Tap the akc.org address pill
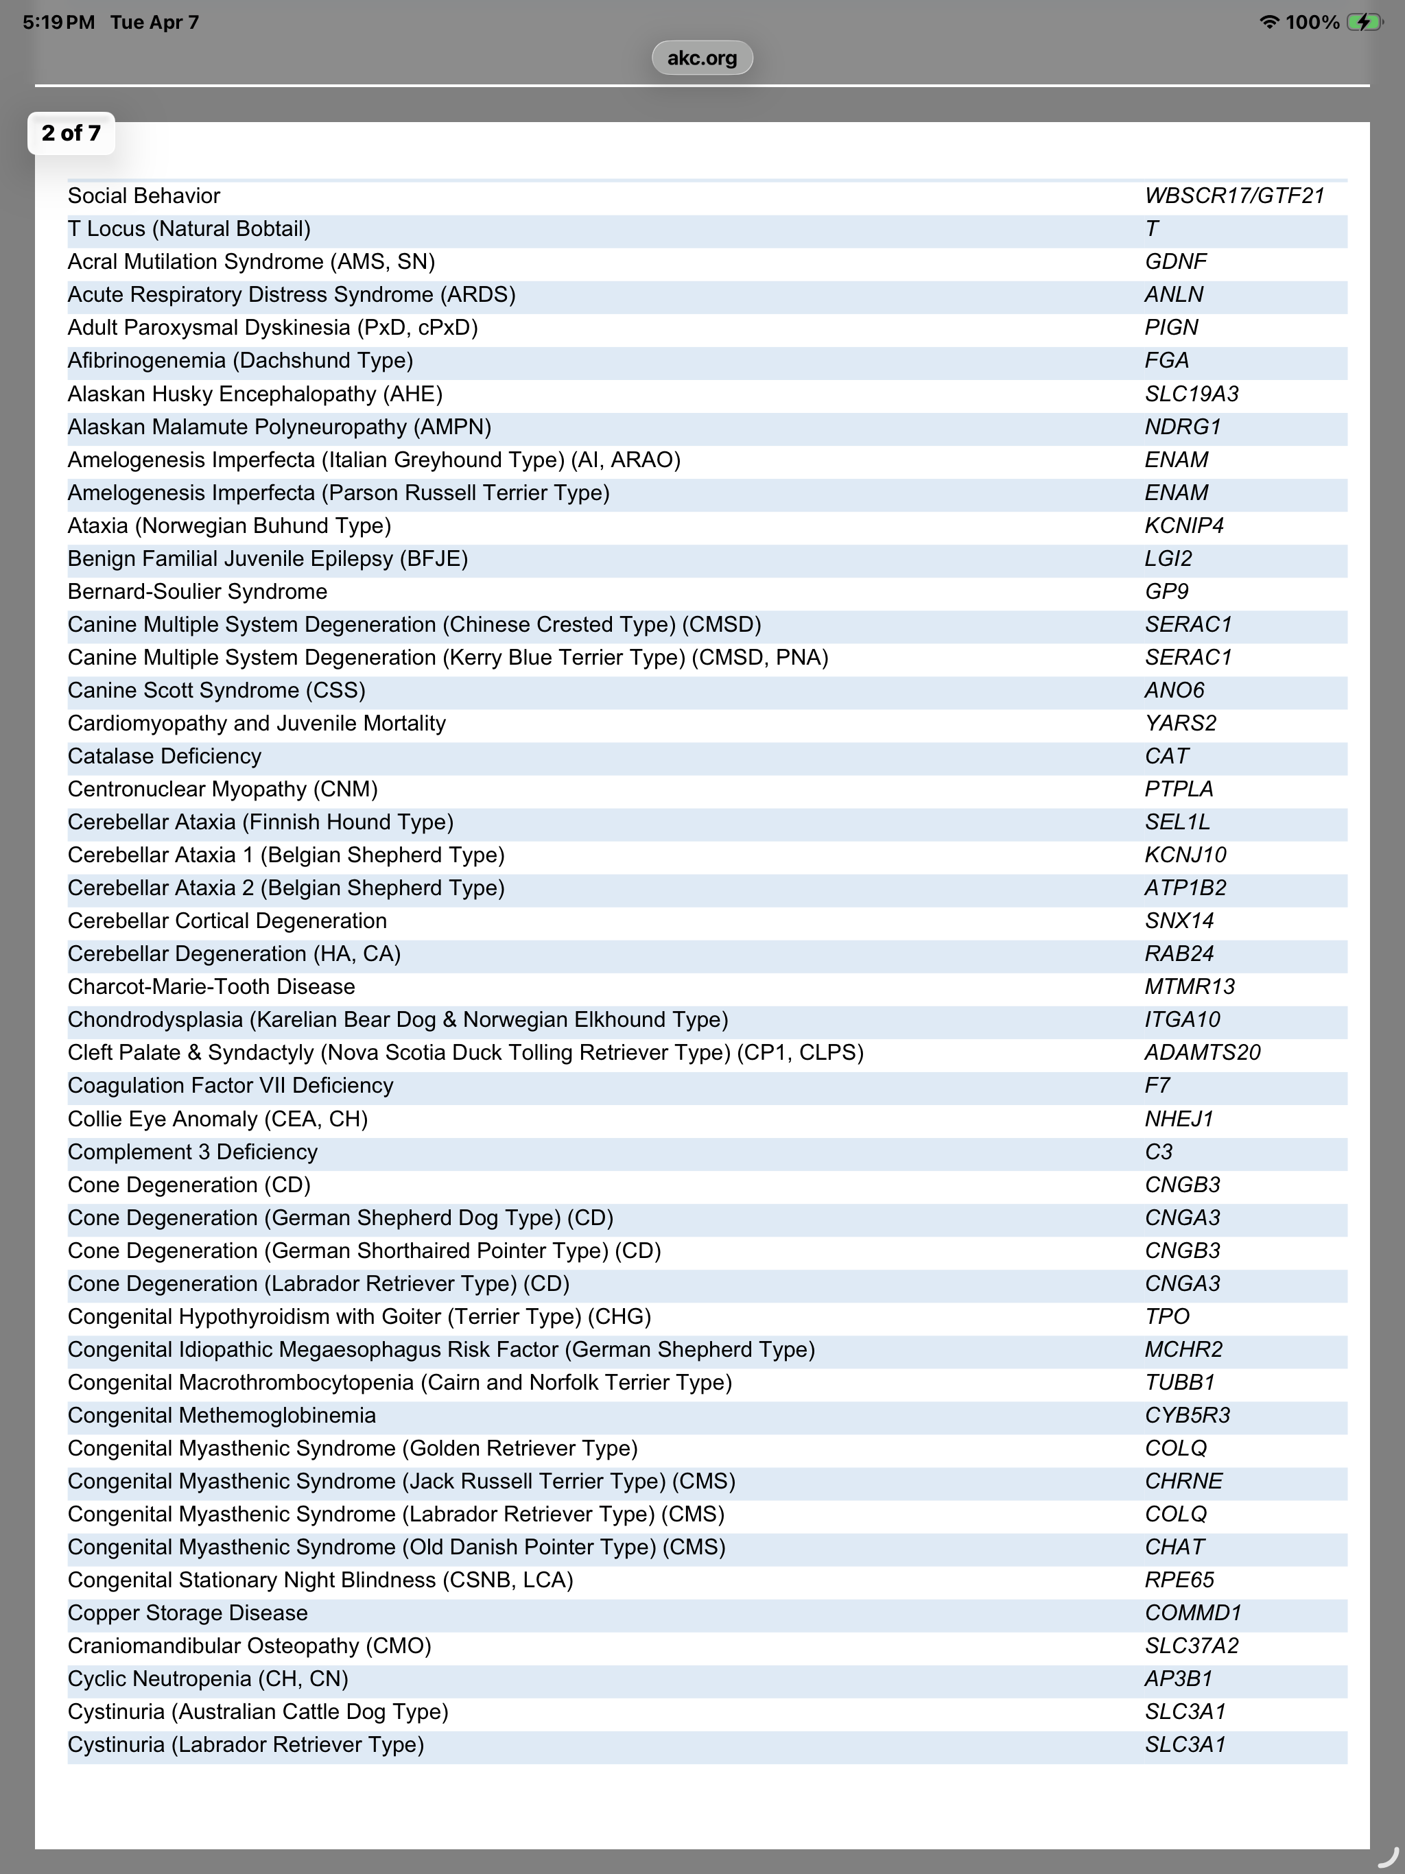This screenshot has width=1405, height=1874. tap(702, 58)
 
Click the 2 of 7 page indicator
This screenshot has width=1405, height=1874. tap(71, 133)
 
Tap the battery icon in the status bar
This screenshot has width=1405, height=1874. tap(1365, 22)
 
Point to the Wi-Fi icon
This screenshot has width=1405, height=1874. tap(1268, 22)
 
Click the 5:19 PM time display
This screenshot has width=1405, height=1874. tap(58, 22)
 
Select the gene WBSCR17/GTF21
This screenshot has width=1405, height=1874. tap(1233, 195)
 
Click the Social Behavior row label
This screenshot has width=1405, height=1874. tap(144, 195)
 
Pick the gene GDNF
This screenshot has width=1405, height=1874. tap(1175, 262)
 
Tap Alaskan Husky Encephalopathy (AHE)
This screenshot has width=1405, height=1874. tap(255, 394)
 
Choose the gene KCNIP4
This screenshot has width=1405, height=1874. tap(1184, 525)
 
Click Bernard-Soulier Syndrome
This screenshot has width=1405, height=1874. tap(198, 591)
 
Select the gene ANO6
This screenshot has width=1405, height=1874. tap(1174, 691)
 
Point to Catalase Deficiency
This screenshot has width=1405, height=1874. tap(165, 756)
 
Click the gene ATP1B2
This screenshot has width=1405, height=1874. tap(1185, 888)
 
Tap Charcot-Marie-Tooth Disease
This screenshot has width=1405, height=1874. tap(211, 987)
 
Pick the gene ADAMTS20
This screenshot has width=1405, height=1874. tap(1202, 1052)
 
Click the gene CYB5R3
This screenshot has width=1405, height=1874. tap(1186, 1416)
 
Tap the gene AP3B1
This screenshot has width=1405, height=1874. tap(1179, 1679)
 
